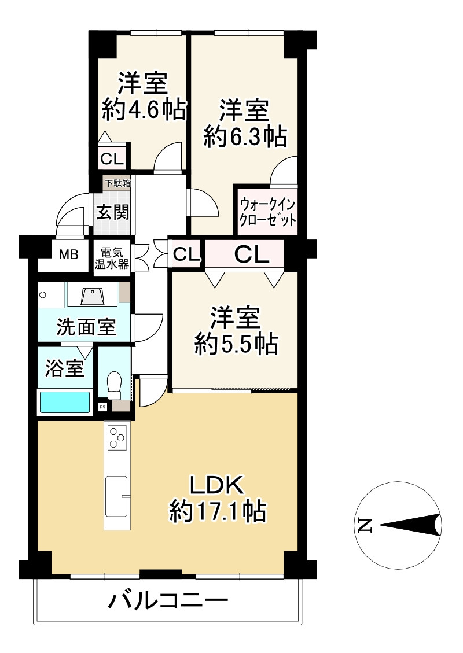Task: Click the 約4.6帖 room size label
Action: point(144,109)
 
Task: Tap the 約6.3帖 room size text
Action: point(245,136)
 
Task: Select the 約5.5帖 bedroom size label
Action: point(236,345)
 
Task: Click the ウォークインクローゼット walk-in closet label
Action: point(268,212)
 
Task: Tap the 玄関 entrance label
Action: point(112,212)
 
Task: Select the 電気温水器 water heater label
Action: point(114,259)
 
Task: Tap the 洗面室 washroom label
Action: point(85,327)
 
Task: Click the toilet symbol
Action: point(114,385)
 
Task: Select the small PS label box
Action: point(103,407)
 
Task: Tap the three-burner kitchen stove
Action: point(117,437)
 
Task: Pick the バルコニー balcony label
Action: point(168,602)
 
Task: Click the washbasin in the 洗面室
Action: point(93,296)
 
